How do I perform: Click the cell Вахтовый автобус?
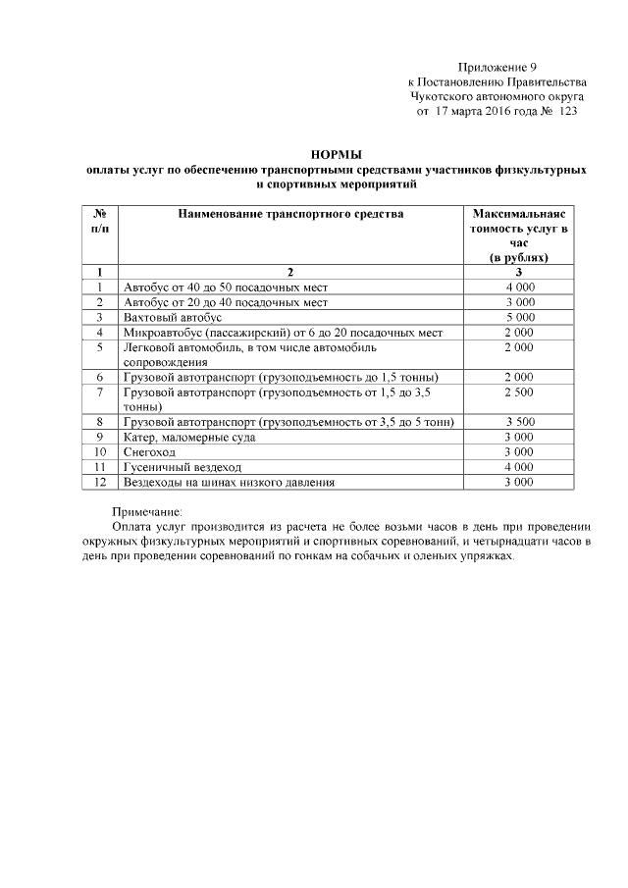[x=174, y=318]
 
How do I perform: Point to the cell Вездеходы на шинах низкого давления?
[x=230, y=483]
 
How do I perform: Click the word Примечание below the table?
[x=147, y=510]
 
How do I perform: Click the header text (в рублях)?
[x=519, y=257]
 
